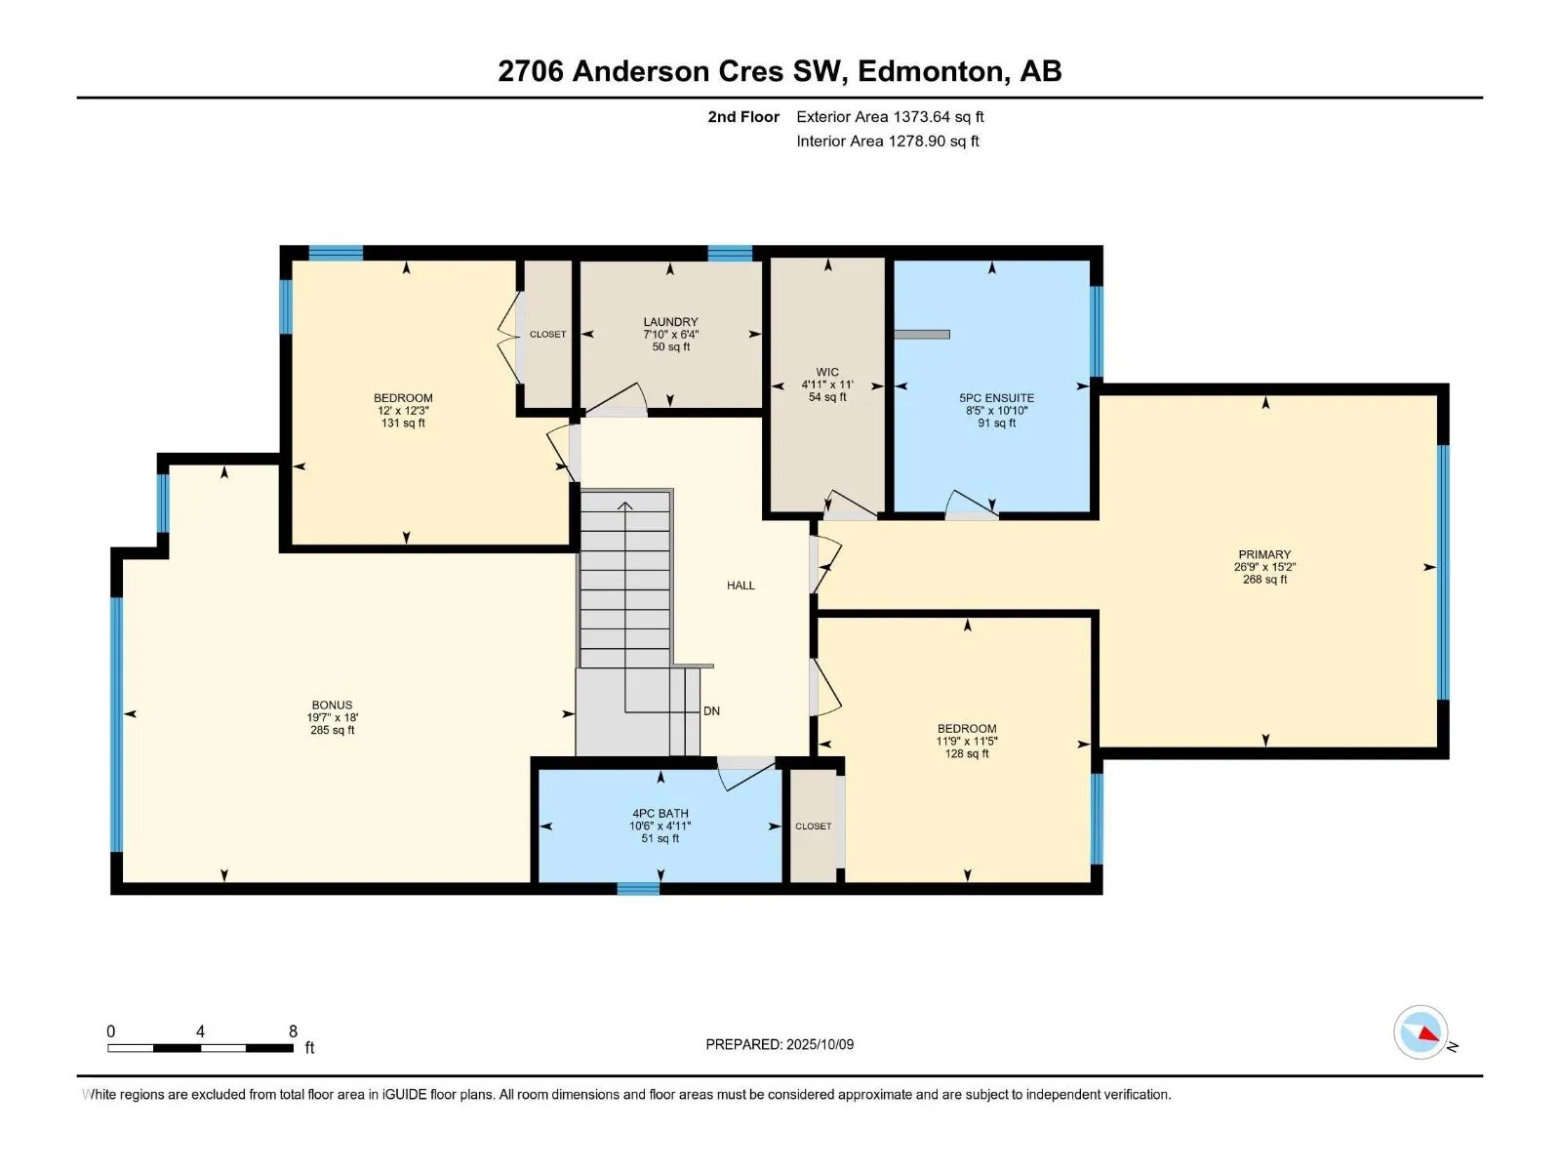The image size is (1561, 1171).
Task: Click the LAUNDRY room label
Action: point(670,322)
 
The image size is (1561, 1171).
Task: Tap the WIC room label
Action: point(827,372)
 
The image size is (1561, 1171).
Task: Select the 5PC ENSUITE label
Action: point(996,398)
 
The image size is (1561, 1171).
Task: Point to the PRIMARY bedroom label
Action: point(1264,554)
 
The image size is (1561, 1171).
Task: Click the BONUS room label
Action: point(332,706)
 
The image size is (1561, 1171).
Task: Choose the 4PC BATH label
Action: point(660,814)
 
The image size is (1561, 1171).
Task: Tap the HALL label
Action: point(740,585)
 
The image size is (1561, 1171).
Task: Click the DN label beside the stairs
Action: point(711,711)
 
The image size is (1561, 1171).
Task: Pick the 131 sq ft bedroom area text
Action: point(403,424)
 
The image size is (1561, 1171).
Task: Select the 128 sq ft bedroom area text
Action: point(967,753)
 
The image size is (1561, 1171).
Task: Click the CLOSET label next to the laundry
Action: point(547,334)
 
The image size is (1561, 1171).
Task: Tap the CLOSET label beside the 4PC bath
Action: point(813,827)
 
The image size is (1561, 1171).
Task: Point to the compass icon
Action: point(1421,1032)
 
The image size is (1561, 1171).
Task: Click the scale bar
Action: point(201,1048)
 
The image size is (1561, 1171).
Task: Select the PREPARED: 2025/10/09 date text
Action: point(780,1044)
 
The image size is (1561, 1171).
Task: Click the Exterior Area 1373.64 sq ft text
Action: point(890,117)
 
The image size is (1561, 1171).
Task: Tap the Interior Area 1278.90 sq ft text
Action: point(888,141)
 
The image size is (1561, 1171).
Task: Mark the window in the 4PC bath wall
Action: point(638,888)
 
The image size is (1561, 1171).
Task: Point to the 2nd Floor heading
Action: point(743,117)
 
